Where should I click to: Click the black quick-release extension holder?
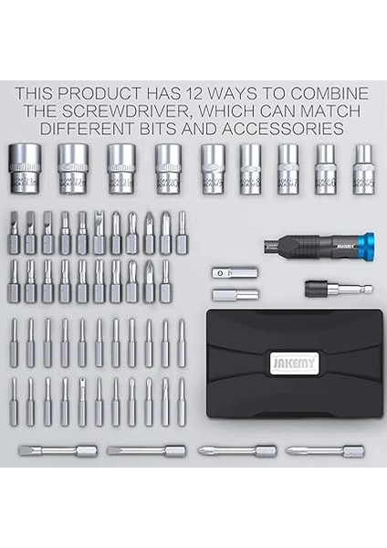(x=326, y=286)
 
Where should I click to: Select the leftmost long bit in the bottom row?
(x=57, y=450)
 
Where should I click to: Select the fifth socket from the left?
(x=214, y=166)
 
